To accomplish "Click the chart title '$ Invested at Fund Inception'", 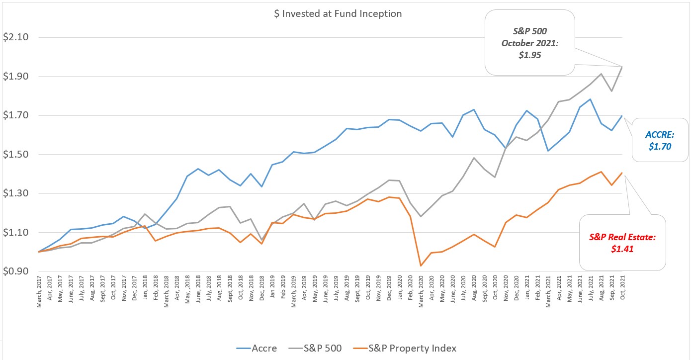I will [338, 14].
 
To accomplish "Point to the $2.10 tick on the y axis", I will [16, 37].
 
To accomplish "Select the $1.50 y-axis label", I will [16, 155].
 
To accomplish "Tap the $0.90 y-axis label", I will [16, 272].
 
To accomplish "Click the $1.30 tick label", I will [16, 194].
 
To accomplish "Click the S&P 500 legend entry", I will [321, 348].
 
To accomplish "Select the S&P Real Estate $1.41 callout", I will [622, 243].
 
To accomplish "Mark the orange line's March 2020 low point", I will [421, 266].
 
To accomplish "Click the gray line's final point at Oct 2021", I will [622, 67].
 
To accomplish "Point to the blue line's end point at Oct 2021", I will [622, 115].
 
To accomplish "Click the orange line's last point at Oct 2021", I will [622, 173].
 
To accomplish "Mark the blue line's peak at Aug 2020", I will [474, 109].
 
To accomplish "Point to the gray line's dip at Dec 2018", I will [261, 240].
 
